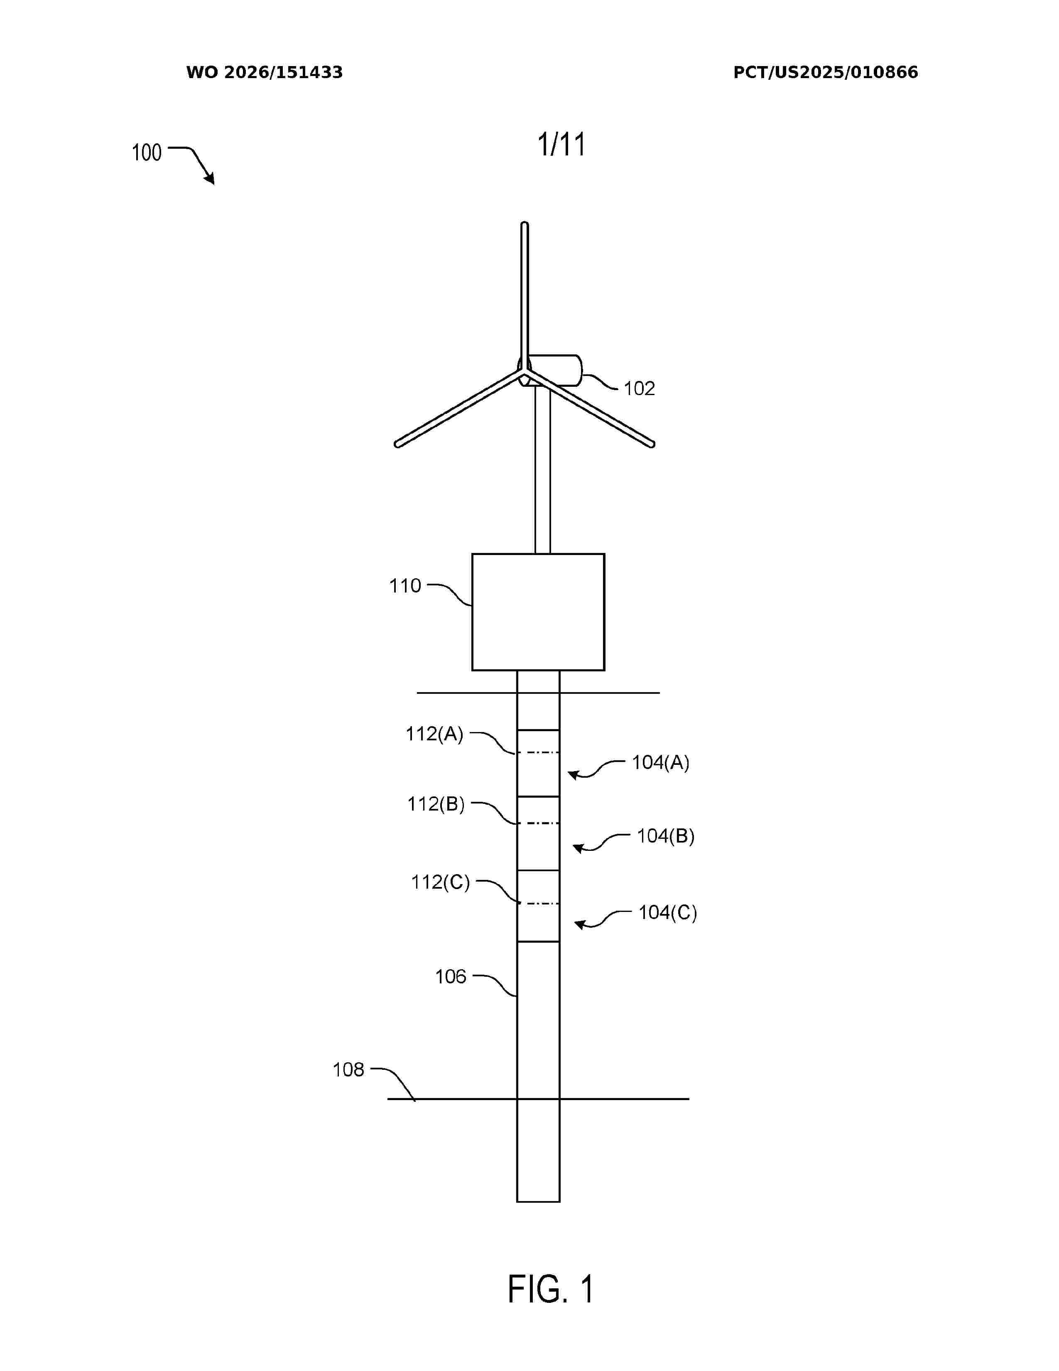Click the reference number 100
point(147,152)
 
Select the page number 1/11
point(561,145)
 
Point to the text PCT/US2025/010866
point(826,72)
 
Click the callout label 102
point(639,388)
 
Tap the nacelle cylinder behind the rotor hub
point(555,370)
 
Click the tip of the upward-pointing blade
point(525,224)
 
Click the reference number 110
point(405,586)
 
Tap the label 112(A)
point(434,734)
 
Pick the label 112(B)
point(436,804)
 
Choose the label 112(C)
point(440,882)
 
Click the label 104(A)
point(661,763)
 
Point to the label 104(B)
point(666,836)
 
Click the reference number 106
point(451,976)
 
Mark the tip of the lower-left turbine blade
point(397,445)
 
